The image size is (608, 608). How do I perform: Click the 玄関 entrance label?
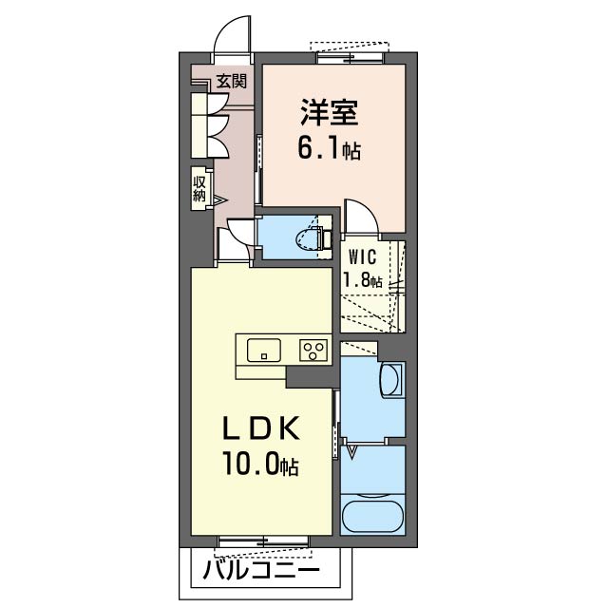pyautogui.click(x=232, y=81)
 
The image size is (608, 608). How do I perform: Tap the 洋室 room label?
pyautogui.click(x=329, y=113)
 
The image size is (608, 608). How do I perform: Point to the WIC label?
pyautogui.click(x=362, y=256)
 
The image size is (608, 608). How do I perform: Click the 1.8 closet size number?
pyautogui.click(x=356, y=279)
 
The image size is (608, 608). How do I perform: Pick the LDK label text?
pyautogui.click(x=260, y=427)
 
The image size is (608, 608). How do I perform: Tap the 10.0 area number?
pyautogui.click(x=251, y=464)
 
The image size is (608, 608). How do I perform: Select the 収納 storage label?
pyautogui.click(x=199, y=188)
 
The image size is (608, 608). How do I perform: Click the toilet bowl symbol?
pyautogui.click(x=308, y=237)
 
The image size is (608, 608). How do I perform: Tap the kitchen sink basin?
pyautogui.click(x=264, y=350)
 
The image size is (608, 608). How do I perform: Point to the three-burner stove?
pyautogui.click(x=313, y=351)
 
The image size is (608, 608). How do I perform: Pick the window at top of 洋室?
pyautogui.click(x=351, y=58)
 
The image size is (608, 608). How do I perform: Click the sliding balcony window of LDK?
pyautogui.click(x=263, y=541)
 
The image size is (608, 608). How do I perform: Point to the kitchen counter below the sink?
pyautogui.click(x=261, y=371)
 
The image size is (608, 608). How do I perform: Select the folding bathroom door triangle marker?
pyautogui.click(x=351, y=452)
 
